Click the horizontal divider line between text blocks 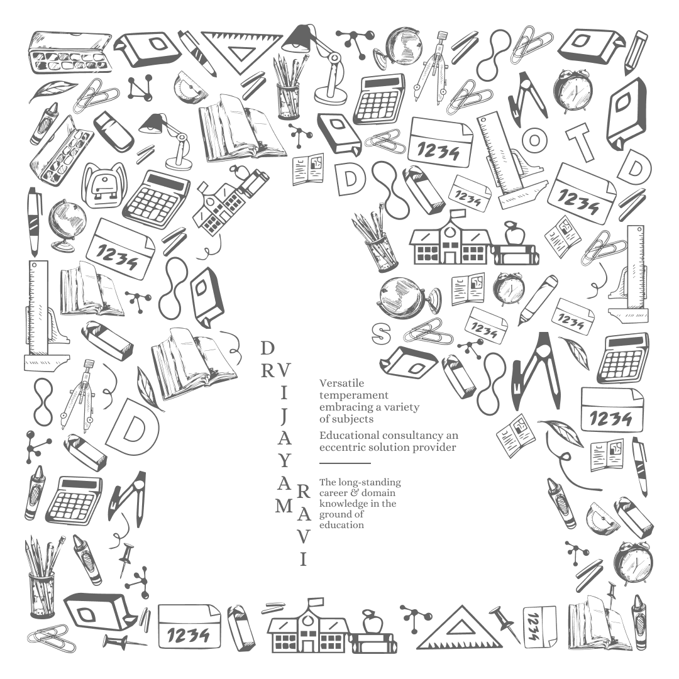click(x=345, y=463)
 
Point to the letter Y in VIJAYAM click(x=284, y=460)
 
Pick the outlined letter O click(x=534, y=140)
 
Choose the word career click(x=333, y=494)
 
